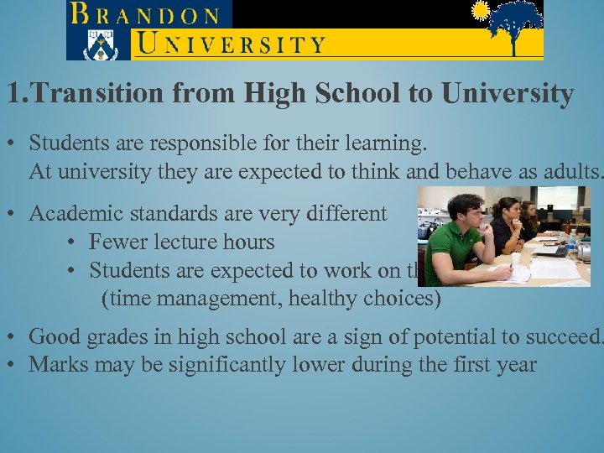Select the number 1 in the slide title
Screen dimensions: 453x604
pos(13,94)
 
